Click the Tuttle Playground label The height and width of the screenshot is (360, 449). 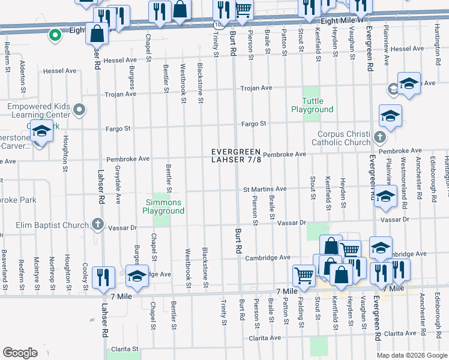[x=312, y=105]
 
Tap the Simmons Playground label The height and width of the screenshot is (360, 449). [x=163, y=206]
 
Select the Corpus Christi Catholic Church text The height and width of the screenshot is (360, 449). [x=340, y=138]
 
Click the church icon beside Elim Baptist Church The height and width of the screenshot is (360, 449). [x=98, y=226]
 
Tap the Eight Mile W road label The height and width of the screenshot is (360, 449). [x=343, y=20]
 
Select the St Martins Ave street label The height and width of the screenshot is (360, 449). [x=264, y=189]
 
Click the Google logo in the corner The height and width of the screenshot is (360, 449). [x=20, y=353]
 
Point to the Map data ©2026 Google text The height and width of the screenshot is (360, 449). [x=411, y=355]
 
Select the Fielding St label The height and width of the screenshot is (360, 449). [x=300, y=311]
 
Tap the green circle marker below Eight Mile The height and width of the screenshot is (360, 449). [x=55, y=35]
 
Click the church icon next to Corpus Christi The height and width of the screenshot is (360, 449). [x=379, y=137]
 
